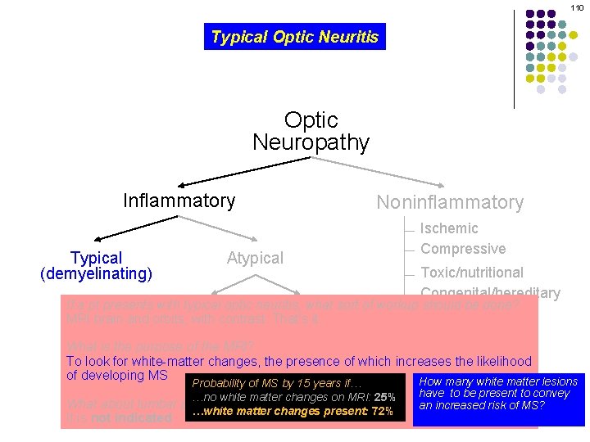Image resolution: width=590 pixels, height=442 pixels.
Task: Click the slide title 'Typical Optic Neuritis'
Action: click(294, 37)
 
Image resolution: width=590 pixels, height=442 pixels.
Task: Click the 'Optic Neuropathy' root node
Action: click(311, 132)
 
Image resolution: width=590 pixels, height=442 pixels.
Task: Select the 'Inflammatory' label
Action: click(179, 201)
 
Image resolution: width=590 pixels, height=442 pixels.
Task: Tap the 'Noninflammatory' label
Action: click(449, 202)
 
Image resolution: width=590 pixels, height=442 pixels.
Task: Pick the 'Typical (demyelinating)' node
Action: click(96, 266)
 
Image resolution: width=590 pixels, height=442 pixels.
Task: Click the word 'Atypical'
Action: click(255, 258)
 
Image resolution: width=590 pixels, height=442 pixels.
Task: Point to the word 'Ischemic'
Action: click(449, 228)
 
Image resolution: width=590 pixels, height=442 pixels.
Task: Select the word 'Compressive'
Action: click(463, 249)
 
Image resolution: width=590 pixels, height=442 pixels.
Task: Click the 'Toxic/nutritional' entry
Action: click(472, 273)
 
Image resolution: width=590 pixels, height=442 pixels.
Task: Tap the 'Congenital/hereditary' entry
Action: click(490, 292)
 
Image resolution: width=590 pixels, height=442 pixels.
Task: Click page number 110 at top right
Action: click(578, 7)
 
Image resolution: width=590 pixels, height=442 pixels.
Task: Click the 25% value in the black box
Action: click(385, 397)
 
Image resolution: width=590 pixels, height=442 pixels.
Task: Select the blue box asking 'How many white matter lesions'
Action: click(498, 399)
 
